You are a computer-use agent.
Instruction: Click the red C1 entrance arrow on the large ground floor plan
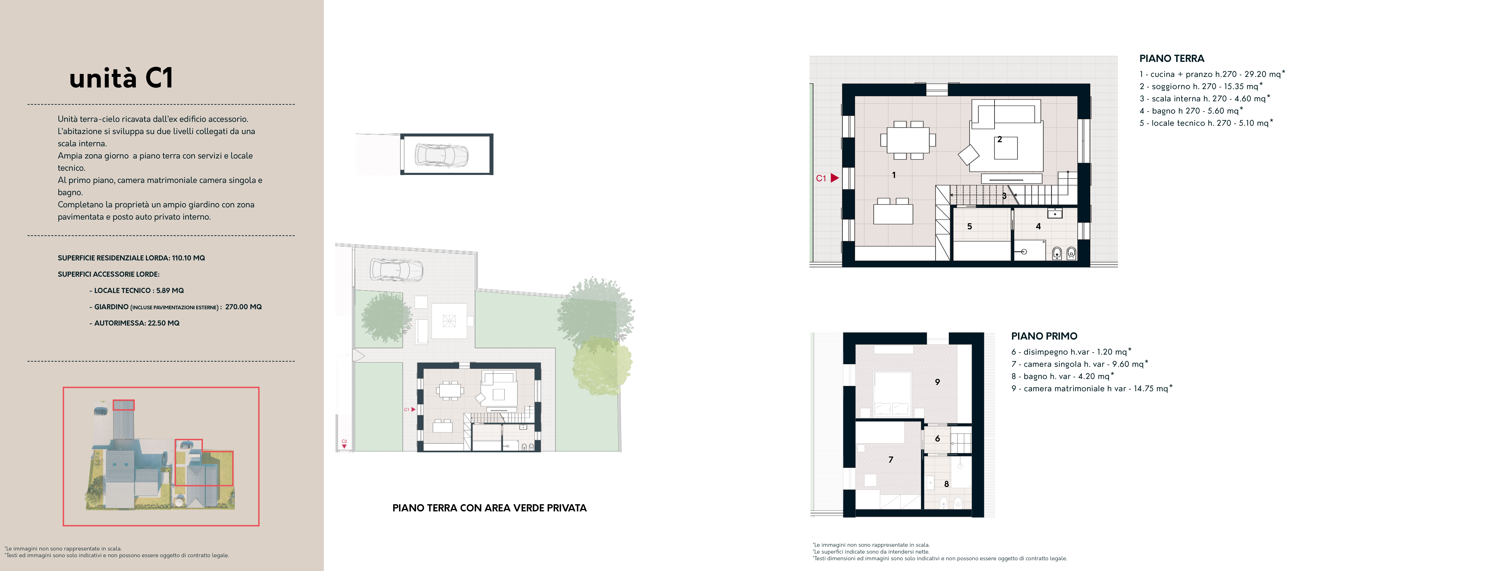click(x=835, y=178)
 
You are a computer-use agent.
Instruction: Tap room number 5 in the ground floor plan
click(x=969, y=226)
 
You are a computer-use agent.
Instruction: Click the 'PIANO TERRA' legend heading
click(x=1172, y=58)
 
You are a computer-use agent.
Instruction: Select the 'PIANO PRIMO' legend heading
click(x=1044, y=336)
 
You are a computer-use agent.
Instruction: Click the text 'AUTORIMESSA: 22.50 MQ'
click(x=137, y=323)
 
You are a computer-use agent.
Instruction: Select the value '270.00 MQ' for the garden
click(x=243, y=307)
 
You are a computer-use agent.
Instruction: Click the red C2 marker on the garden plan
click(x=344, y=444)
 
